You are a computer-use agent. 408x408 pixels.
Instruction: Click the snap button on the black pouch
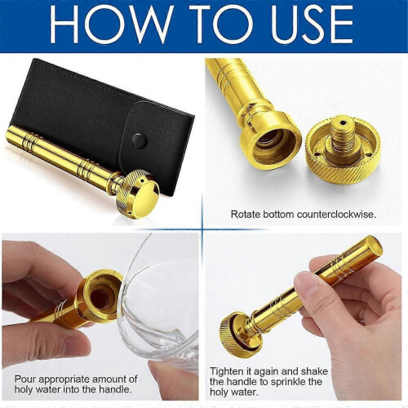point(140,140)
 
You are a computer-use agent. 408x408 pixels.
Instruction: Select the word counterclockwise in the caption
point(336,215)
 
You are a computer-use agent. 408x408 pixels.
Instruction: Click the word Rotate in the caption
point(245,215)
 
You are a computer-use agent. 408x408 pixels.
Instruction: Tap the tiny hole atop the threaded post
point(344,123)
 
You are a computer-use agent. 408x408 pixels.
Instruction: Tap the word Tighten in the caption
point(227,371)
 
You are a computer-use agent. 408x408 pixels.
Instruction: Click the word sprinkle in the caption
point(289,382)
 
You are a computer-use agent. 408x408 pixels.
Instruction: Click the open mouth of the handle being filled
point(101,295)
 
